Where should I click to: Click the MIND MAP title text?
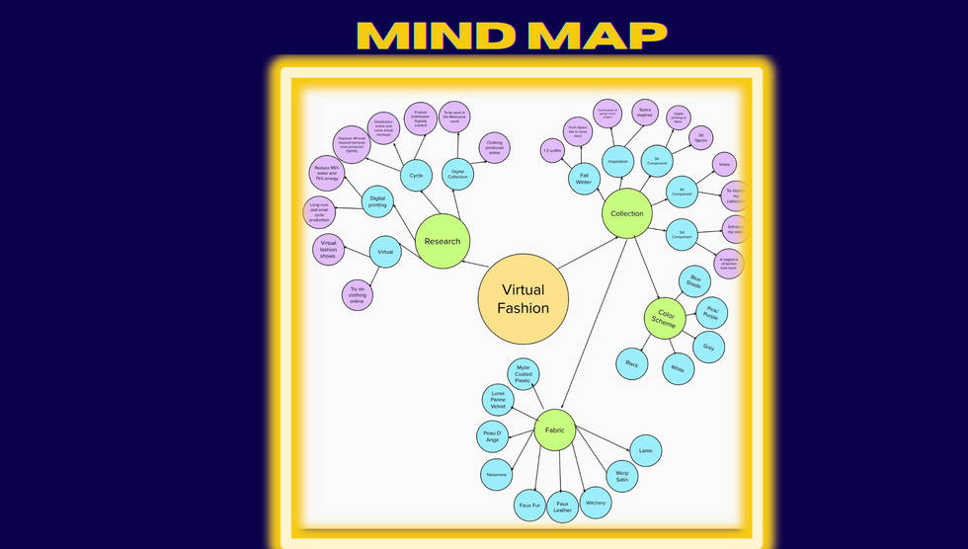512,36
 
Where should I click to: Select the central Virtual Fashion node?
524,299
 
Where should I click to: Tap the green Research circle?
442,241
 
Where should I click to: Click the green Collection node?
626,213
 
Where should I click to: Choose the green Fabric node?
555,431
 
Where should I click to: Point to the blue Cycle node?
416,176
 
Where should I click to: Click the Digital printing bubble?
377,201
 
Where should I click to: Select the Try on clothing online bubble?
358,295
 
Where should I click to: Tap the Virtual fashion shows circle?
328,250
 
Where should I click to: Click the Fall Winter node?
583,179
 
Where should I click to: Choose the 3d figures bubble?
699,137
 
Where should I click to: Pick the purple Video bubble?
724,165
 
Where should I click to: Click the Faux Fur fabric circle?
529,505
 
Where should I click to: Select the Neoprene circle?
496,475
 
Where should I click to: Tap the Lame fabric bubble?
645,450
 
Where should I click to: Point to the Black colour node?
632,364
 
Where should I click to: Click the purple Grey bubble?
708,347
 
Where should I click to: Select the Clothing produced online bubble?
495,148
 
